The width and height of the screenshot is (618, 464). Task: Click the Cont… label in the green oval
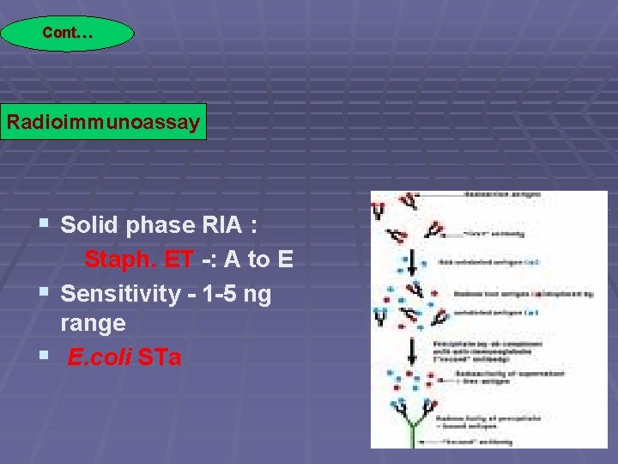tap(67, 34)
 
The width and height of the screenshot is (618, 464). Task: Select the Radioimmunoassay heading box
tap(103, 121)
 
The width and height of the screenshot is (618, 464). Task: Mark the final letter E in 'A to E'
tap(286, 259)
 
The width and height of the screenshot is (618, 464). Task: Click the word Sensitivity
tap(120, 294)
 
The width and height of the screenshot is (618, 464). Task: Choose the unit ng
tap(257, 294)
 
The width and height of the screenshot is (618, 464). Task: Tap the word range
tap(93, 324)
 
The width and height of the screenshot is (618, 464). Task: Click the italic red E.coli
tap(100, 357)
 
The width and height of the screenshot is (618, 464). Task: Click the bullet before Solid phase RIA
tap(44, 225)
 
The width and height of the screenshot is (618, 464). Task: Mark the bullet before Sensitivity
tap(44, 294)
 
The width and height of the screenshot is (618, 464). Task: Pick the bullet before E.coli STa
tap(44, 355)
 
